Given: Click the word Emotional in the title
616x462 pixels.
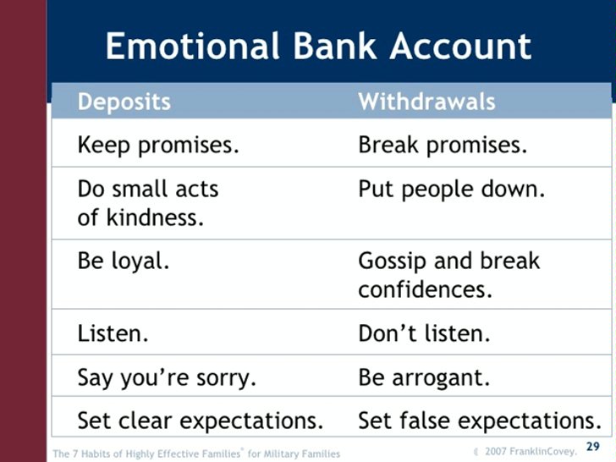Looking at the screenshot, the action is pos(193,46).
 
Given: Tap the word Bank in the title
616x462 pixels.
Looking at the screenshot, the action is pos(335,46).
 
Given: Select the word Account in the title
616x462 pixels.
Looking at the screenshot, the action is pos(460,46).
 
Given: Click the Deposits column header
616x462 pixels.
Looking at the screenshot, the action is pos(124,102).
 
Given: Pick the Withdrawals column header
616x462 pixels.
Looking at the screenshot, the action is pos(426,102).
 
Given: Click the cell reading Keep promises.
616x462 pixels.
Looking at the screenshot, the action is pos(158,145).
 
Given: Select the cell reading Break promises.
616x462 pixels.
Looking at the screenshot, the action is pos(443,145).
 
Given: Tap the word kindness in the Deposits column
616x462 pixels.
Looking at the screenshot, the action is pos(155,217).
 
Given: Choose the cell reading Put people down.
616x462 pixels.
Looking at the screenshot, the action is pos(452,190).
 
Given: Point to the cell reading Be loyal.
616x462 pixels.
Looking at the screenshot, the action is pos(124,261).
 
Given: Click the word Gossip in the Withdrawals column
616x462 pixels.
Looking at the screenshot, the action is pos(393,261).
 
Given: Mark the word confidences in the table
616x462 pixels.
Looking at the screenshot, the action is pos(425,289).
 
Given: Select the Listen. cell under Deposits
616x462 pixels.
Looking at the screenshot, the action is pos(113,333).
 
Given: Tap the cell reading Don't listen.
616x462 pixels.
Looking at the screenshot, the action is pos(424,333).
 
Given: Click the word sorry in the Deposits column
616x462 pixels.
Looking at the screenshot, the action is pos(226,378).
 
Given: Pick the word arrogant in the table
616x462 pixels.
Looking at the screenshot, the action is pos(441,378).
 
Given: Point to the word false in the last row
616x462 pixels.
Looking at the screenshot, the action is pos(425,421).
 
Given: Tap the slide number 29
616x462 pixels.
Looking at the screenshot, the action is pos(593,447).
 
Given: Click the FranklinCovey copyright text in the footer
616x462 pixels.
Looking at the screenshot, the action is pos(526,451).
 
